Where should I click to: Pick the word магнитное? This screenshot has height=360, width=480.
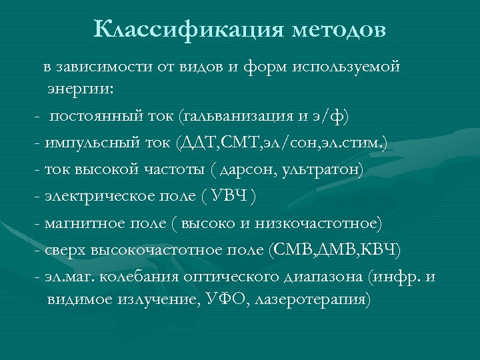[x=77, y=223]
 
